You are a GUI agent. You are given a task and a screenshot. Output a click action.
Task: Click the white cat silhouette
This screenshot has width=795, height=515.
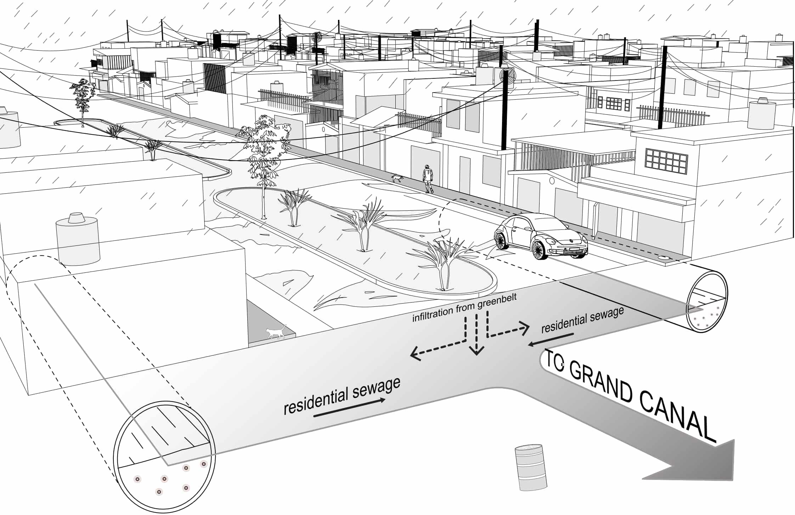(276, 332)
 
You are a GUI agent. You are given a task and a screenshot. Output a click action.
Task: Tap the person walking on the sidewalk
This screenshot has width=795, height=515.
(428, 179)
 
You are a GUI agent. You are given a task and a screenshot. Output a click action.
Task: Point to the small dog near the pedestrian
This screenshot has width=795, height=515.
(397, 178)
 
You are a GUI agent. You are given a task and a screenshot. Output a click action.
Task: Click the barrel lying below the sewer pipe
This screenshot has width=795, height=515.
(530, 467)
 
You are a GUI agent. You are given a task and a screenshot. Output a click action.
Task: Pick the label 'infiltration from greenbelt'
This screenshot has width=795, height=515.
(464, 307)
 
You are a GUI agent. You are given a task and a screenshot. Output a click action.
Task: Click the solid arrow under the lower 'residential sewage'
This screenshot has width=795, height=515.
(349, 408)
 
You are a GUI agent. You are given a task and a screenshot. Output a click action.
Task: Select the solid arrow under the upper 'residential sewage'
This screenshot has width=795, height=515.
(550, 339)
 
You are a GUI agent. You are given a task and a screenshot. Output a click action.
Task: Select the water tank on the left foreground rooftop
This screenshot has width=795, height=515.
(78, 239)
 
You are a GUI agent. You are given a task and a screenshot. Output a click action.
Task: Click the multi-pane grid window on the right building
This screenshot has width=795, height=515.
(666, 160)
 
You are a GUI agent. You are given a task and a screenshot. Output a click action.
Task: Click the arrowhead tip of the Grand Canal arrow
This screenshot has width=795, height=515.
(733, 461)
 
